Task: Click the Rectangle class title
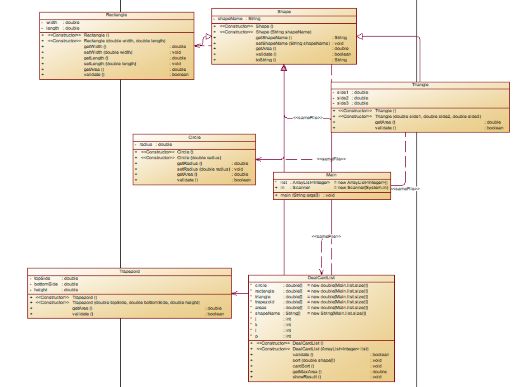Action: (116, 15)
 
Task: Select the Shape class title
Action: (284, 12)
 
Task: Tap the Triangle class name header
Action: (420, 85)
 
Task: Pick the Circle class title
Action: (194, 138)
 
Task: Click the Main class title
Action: (331, 175)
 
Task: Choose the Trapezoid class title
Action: (129, 271)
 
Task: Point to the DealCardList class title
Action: (321, 278)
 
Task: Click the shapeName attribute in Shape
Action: (230, 19)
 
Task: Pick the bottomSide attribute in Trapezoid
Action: (46, 284)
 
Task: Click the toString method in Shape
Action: (266, 60)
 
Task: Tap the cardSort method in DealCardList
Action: (303, 366)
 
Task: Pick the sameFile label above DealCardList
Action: (326, 236)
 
